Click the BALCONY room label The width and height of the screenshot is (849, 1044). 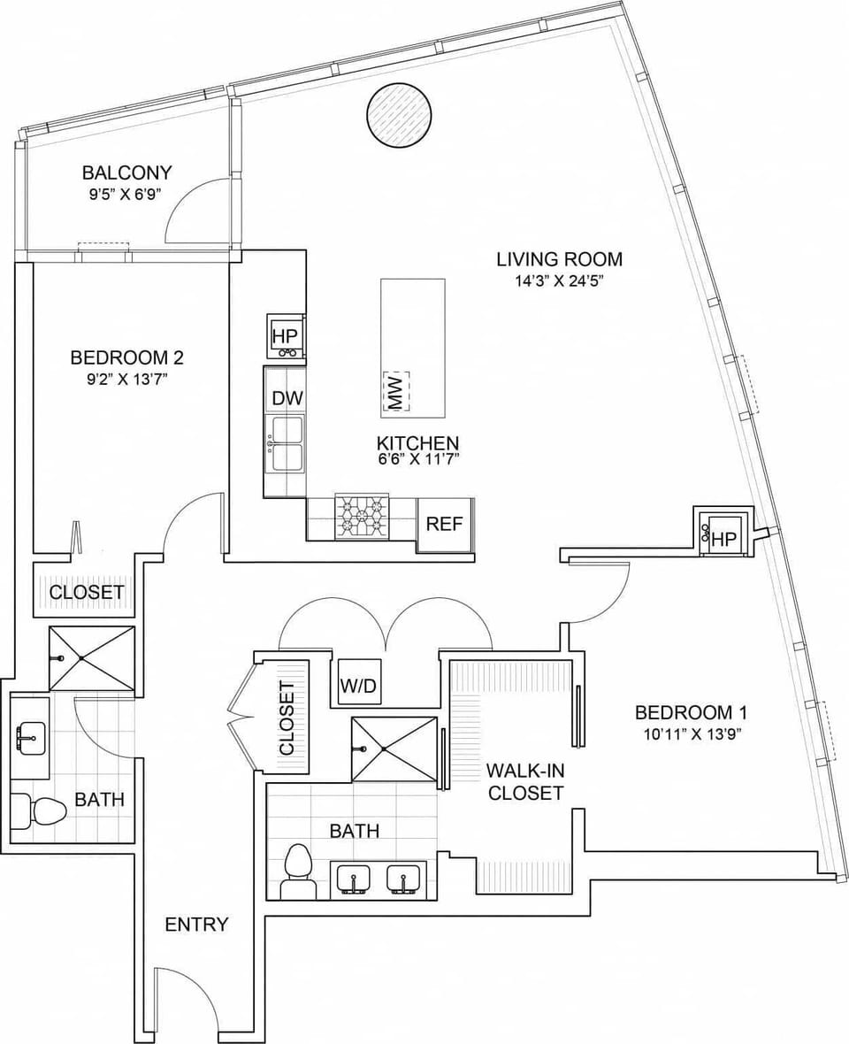[x=126, y=172]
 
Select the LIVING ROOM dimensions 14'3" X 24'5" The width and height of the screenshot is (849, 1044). [x=559, y=281]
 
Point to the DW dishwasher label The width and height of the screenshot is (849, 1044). [x=287, y=398]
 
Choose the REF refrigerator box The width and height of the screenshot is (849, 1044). [x=445, y=524]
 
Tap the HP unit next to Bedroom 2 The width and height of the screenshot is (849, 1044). [x=286, y=336]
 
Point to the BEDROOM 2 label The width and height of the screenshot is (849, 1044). [x=126, y=357]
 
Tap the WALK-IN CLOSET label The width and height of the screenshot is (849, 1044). [x=525, y=782]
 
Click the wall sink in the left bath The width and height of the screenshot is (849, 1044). [x=31, y=737]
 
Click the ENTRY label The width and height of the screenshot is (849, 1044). [x=196, y=925]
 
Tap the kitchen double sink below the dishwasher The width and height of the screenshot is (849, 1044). [x=286, y=442]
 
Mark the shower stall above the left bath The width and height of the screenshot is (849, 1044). [x=92, y=657]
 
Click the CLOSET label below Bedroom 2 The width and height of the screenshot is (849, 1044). [x=86, y=592]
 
